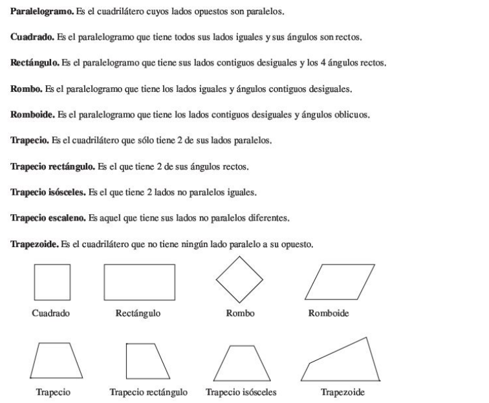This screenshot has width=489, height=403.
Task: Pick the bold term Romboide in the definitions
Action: tap(29, 115)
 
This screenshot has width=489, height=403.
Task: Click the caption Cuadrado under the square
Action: tap(51, 314)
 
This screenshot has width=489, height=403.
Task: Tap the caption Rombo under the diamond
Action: tap(240, 314)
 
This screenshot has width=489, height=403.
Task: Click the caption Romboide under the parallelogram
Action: tap(329, 314)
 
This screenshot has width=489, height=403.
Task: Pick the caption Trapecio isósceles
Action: tap(241, 392)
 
